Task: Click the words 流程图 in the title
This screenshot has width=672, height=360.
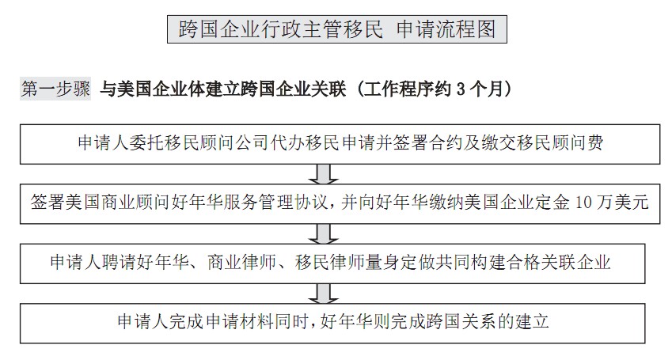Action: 467,29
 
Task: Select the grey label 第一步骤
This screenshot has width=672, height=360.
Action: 55,89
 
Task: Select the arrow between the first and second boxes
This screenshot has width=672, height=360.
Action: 324,174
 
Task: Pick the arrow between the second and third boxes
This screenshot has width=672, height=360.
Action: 324,234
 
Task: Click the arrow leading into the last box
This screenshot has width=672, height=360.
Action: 324,294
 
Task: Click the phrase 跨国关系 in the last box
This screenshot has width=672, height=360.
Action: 461,321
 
